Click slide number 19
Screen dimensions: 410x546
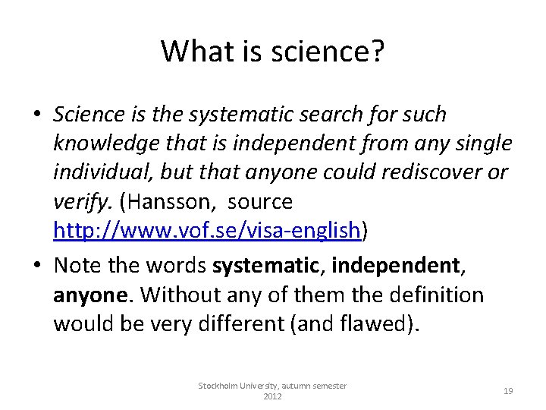pos(508,390)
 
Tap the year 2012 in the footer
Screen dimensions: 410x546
pos(272,396)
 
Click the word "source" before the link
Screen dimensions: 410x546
pos(259,202)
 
